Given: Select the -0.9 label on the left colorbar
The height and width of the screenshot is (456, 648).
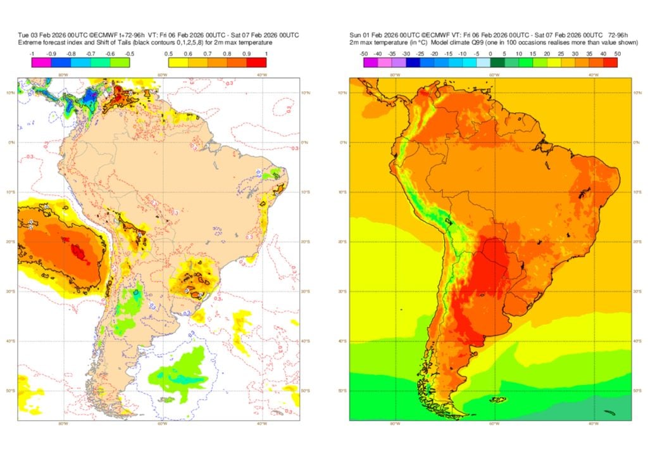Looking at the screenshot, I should tap(52, 54).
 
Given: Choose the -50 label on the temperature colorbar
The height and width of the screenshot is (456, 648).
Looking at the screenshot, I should tap(364, 54).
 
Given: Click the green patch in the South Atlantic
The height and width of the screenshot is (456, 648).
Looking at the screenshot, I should tap(180, 370).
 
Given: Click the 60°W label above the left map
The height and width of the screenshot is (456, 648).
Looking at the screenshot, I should tap(163, 75).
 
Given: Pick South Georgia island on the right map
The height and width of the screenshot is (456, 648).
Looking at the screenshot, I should tap(609, 412).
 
